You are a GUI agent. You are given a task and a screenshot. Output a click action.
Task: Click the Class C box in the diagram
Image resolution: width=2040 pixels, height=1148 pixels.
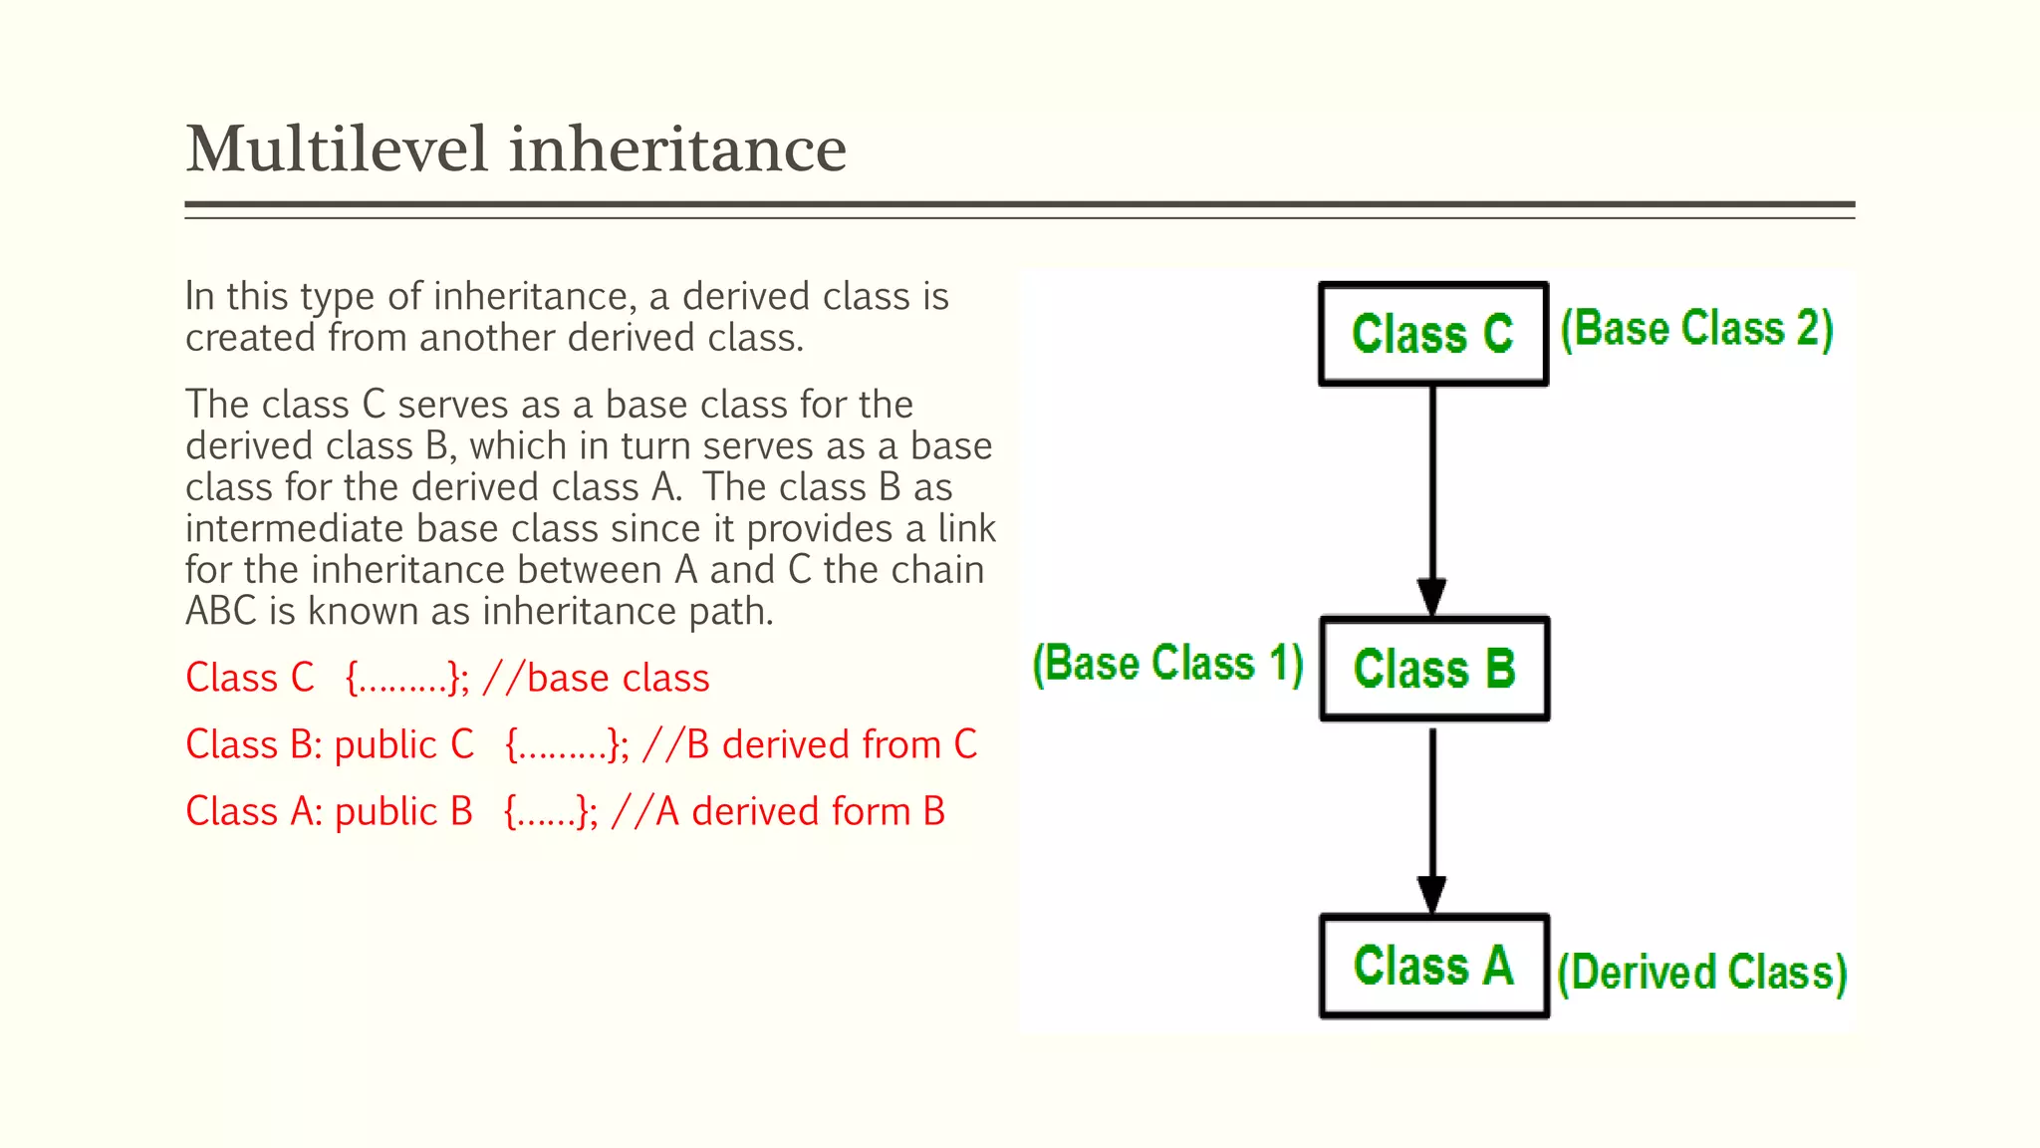(1432, 334)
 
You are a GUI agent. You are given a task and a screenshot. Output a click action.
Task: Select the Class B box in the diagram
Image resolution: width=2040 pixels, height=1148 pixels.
(1434, 669)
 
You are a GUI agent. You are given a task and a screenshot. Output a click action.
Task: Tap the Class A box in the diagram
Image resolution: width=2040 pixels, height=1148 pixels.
(1434, 966)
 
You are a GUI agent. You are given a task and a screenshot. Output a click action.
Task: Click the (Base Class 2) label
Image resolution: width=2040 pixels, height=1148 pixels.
(1696, 329)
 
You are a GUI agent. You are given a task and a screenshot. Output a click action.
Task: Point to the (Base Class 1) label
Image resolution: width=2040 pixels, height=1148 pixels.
(1167, 664)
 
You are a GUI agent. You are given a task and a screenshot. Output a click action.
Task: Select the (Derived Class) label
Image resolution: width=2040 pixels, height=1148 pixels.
(1701, 973)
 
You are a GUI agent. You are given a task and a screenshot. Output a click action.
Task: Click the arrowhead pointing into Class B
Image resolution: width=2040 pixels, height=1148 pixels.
(1432, 598)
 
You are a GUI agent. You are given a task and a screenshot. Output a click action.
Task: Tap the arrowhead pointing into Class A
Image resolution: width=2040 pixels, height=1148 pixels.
(1432, 895)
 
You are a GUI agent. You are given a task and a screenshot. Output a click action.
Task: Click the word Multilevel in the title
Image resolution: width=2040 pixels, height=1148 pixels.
(337, 149)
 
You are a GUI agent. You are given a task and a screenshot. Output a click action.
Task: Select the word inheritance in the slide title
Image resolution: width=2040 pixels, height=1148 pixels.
(677, 149)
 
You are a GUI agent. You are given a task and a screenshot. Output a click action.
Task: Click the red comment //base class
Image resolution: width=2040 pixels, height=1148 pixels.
(596, 679)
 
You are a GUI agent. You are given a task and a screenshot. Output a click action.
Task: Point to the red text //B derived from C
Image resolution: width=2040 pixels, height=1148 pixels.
(810, 745)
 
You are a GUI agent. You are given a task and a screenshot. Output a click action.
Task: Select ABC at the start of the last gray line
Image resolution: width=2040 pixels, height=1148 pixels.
(221, 612)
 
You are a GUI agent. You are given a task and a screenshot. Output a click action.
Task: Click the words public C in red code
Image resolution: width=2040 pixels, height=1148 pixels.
(403, 745)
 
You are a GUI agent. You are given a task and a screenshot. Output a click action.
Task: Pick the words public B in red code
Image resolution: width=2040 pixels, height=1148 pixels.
(403, 812)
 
